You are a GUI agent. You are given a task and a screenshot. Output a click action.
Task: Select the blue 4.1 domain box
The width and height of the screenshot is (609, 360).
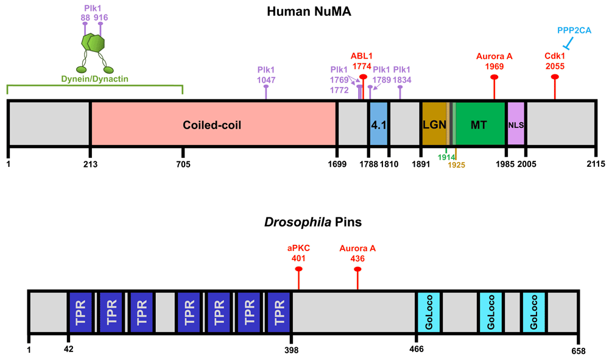click(379, 124)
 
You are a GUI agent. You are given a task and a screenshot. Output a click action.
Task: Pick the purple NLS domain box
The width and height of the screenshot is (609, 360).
click(516, 124)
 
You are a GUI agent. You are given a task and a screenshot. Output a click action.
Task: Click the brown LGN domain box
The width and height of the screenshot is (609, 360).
click(435, 124)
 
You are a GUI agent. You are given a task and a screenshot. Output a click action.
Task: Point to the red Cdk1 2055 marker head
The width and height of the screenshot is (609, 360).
click(555, 77)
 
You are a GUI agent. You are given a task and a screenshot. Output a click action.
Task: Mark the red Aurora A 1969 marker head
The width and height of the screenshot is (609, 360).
click(495, 77)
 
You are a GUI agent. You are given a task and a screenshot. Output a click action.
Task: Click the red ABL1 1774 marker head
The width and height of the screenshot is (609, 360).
click(363, 77)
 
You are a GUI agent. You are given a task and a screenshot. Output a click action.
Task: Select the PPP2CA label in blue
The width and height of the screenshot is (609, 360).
click(574, 30)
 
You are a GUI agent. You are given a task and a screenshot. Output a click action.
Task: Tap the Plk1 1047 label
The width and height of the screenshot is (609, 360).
click(266, 75)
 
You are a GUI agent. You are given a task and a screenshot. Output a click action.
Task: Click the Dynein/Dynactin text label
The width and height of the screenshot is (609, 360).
click(95, 79)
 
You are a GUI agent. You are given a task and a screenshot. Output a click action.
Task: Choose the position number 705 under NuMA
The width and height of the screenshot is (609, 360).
click(183, 164)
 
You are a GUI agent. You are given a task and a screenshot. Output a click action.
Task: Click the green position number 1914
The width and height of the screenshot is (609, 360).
click(446, 157)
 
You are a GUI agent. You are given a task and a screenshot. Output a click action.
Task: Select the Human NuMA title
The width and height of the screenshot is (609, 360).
click(309, 11)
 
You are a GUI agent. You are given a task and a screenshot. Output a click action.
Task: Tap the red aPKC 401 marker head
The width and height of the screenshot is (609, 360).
click(298, 269)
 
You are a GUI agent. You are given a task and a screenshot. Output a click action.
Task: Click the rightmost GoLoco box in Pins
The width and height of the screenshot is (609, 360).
click(533, 312)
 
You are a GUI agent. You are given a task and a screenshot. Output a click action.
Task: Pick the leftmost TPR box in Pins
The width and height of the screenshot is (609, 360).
click(80, 312)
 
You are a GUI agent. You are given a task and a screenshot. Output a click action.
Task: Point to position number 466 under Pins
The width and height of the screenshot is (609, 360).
click(417, 349)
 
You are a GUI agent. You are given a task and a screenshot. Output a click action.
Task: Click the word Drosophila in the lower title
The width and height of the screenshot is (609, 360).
click(298, 222)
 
